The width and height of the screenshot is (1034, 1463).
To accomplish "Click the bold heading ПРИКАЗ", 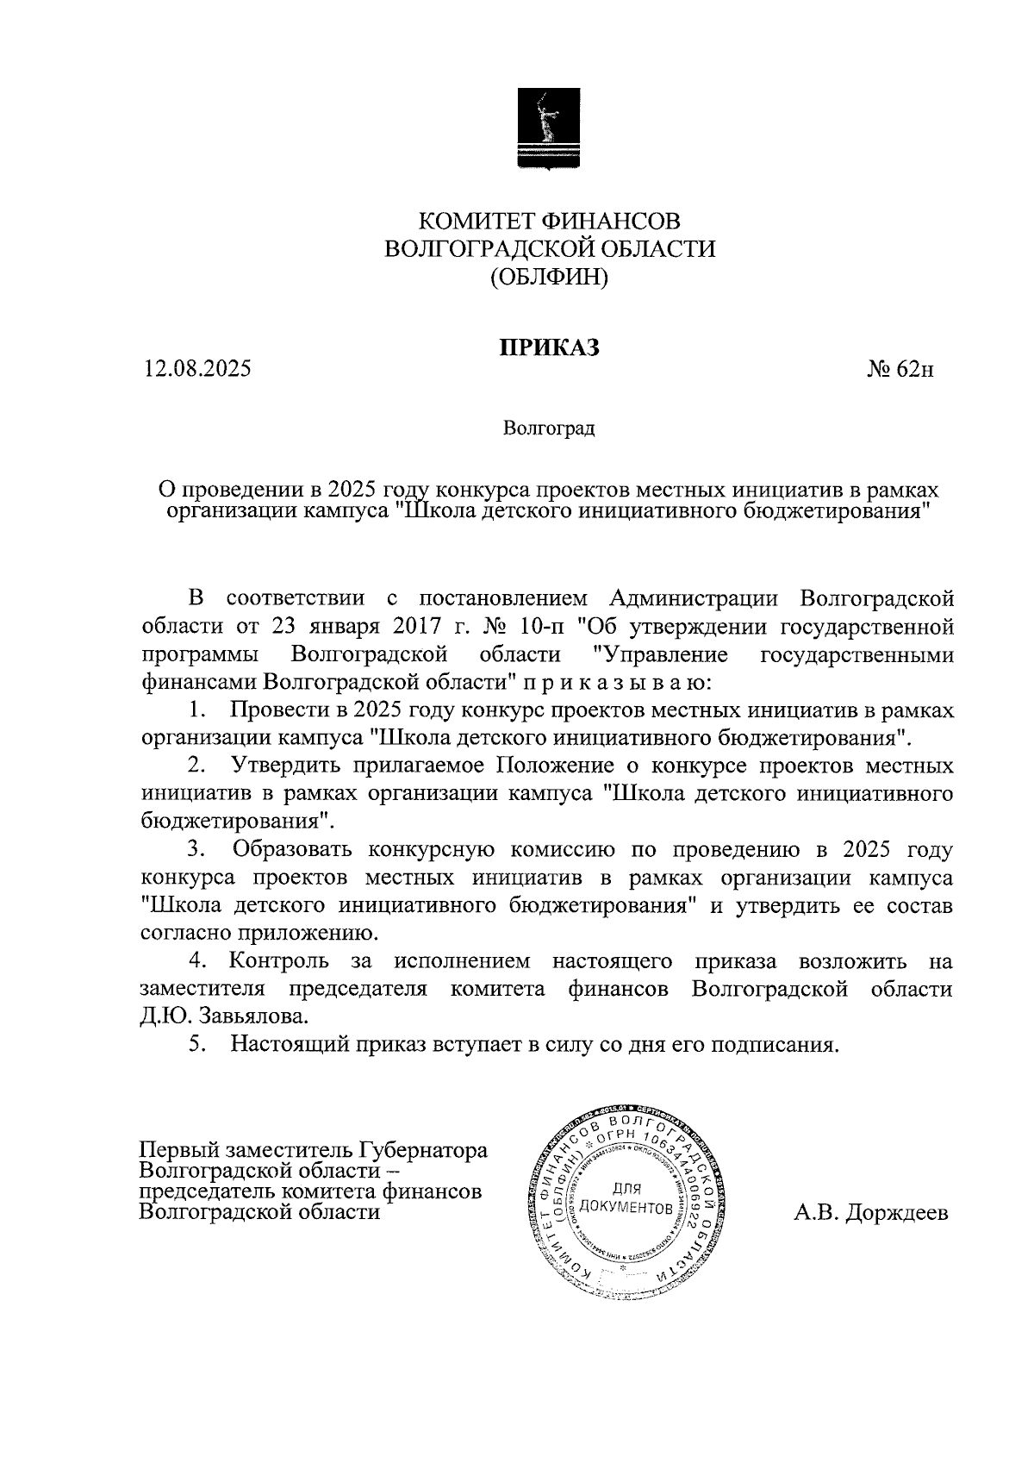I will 549,347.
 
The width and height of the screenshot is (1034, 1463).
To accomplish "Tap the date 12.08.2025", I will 197,369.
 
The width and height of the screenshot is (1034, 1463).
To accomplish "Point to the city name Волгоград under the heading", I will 549,428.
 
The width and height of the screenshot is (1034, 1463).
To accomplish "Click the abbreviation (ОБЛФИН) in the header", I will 549,278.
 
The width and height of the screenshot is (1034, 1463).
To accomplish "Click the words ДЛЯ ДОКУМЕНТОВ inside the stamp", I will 626,1198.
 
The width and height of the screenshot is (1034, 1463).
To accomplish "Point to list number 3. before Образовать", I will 197,850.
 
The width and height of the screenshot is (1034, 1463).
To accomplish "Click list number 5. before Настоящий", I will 197,1044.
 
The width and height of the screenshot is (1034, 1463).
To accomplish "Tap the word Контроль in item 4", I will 278,960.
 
